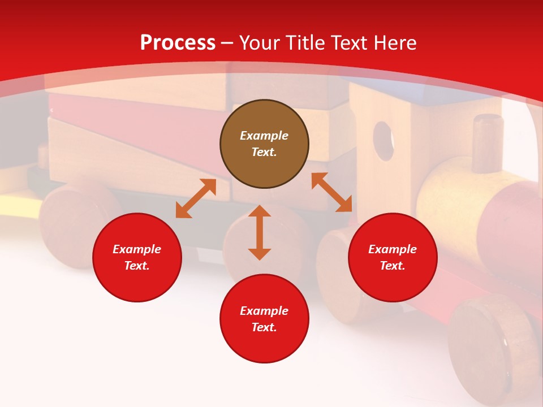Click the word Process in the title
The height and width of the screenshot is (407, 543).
[x=178, y=43]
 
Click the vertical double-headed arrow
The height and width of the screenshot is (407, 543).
[x=260, y=232]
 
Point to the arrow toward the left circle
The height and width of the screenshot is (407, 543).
[x=196, y=198]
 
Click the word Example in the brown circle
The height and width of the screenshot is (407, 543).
[x=264, y=136]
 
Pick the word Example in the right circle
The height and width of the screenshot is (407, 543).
[x=393, y=249]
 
